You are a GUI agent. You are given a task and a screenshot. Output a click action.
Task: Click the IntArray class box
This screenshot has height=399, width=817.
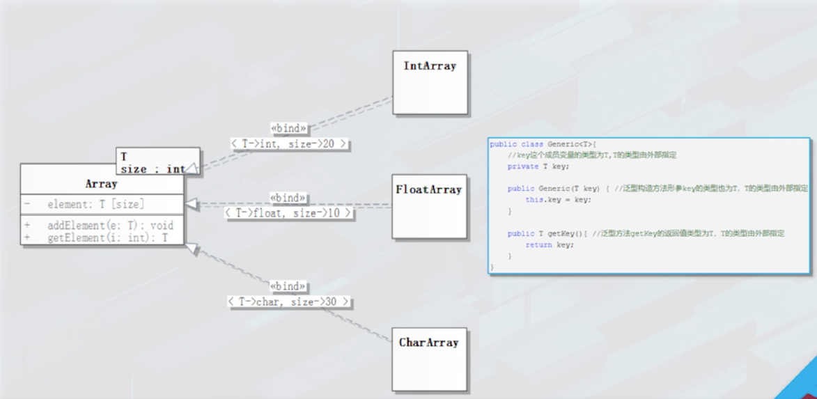[430, 82]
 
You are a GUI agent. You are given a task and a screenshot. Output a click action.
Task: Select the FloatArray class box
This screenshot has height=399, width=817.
[429, 206]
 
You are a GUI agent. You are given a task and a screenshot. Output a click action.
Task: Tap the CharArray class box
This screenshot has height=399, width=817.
[428, 359]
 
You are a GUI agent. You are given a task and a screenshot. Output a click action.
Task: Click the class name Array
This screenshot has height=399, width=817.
[101, 184]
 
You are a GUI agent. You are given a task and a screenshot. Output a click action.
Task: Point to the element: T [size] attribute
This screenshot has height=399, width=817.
[95, 204]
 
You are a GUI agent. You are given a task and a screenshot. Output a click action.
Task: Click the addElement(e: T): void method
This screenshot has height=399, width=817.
[110, 226]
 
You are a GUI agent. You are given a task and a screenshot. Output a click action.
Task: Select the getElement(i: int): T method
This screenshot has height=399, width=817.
[107, 237]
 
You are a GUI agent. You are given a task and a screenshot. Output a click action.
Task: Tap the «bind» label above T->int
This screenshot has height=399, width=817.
[288, 128]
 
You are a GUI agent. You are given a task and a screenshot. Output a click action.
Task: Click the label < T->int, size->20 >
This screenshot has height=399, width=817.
[288, 143]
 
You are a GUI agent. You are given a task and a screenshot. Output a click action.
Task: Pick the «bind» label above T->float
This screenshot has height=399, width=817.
[288, 198]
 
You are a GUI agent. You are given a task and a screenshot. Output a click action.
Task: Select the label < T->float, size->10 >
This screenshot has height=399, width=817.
[288, 213]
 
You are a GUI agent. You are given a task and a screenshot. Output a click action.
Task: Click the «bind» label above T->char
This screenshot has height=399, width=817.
[288, 286]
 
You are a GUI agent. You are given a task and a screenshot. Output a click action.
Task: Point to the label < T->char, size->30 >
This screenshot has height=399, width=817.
[288, 302]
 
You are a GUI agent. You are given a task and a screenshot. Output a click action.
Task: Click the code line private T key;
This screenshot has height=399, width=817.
[538, 166]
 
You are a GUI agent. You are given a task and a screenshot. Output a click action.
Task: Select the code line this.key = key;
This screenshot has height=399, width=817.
[558, 200]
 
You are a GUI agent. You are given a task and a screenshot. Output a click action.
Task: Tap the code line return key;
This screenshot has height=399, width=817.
[550, 245]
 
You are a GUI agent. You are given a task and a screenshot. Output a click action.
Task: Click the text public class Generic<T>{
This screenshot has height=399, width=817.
[543, 144]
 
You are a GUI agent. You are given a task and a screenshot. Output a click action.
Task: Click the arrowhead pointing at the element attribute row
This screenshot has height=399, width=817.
[191, 205]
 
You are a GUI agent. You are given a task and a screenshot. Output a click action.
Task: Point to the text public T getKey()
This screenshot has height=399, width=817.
[547, 234]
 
